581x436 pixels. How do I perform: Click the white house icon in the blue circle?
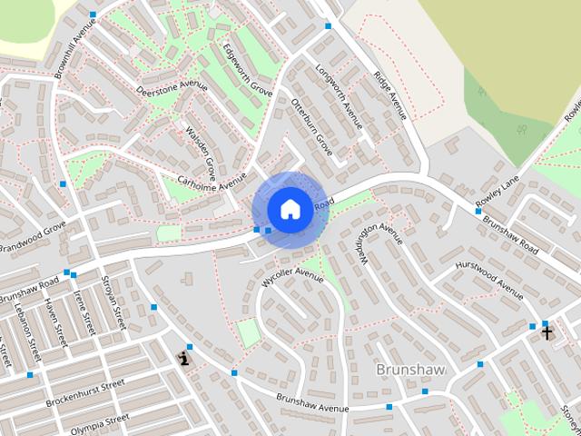pos(289,209)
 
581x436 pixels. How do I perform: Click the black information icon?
pos(185,359)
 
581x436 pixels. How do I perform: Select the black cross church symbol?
pos(547,332)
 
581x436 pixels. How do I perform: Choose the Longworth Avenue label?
pos(339,95)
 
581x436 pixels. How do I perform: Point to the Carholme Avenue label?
pos(212,178)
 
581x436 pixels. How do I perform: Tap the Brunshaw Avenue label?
pos(312,403)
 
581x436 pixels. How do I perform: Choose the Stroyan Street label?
pos(114,302)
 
